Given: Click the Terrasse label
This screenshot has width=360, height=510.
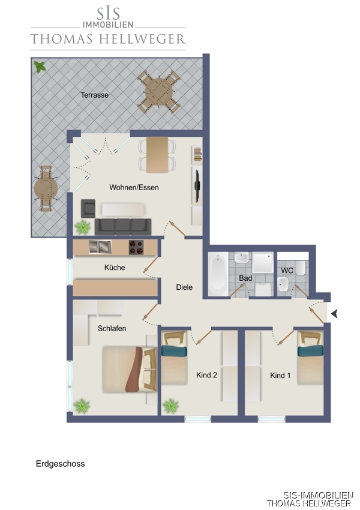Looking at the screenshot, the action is pyautogui.click(x=94, y=95).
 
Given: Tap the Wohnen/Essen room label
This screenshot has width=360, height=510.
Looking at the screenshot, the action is pyautogui.click(x=134, y=187).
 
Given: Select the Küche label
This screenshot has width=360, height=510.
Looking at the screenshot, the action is pyautogui.click(x=115, y=268).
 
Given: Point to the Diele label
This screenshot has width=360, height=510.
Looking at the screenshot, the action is pyautogui.click(x=184, y=287).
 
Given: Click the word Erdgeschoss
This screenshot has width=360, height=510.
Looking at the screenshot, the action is pyautogui.click(x=60, y=464).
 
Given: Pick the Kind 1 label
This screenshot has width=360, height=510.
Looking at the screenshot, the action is pyautogui.click(x=280, y=376).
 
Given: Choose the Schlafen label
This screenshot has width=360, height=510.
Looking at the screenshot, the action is pyautogui.click(x=112, y=329).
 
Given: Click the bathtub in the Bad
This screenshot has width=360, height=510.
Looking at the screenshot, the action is pyautogui.click(x=218, y=274).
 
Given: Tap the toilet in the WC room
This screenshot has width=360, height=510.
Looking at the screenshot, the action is pyautogui.click(x=300, y=268).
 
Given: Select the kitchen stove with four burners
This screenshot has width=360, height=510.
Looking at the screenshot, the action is pyautogui.click(x=136, y=247).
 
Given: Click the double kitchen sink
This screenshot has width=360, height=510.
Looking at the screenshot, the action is pyautogui.click(x=100, y=247).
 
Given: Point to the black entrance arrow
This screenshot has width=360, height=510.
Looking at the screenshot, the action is pyautogui.click(x=334, y=314).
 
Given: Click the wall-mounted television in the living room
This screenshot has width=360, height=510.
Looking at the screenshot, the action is pyautogui.click(x=197, y=185).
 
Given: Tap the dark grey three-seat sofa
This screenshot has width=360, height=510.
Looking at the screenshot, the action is pyautogui.click(x=123, y=227).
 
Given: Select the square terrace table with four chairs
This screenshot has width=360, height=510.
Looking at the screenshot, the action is pyautogui.click(x=158, y=91).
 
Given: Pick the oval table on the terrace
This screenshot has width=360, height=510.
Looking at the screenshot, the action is pyautogui.click(x=46, y=188).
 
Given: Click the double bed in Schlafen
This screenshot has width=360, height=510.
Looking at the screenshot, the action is pyautogui.click(x=130, y=370).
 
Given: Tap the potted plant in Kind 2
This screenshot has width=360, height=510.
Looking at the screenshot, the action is pyautogui.click(x=171, y=406).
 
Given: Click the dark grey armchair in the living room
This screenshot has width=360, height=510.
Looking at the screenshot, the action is pyautogui.click(x=88, y=208).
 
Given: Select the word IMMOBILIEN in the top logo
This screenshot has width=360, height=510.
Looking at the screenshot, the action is pyautogui.click(x=108, y=25).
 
